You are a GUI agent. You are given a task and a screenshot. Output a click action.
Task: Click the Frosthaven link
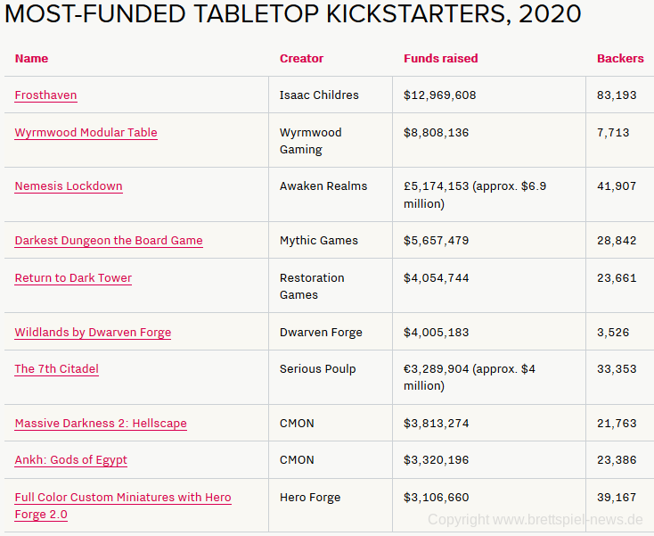pyautogui.click(x=45, y=95)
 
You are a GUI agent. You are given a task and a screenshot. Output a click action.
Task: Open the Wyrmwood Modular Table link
pyautogui.click(x=86, y=133)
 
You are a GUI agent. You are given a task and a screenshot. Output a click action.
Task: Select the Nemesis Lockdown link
pyautogui.click(x=69, y=186)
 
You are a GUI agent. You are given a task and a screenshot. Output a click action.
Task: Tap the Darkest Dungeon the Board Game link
pyautogui.click(x=109, y=241)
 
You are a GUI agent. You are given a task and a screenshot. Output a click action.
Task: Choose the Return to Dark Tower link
pyautogui.click(x=73, y=278)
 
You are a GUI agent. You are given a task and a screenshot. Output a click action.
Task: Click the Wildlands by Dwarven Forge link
pyautogui.click(x=93, y=333)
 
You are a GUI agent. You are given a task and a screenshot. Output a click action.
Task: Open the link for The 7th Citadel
pyautogui.click(x=56, y=369)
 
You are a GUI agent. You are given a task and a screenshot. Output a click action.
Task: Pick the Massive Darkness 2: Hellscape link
pyautogui.click(x=101, y=424)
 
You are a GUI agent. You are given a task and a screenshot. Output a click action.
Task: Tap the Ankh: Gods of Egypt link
pyautogui.click(x=70, y=460)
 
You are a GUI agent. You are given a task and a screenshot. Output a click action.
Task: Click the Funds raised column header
pyautogui.click(x=440, y=59)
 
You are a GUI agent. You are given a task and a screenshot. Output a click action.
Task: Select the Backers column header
pyautogui.click(x=620, y=59)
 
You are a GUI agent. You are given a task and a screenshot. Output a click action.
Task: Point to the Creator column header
pyautogui.click(x=301, y=59)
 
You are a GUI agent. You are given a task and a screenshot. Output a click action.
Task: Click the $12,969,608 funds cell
pyautogui.click(x=439, y=95)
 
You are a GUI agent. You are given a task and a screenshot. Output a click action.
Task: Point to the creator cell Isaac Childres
pyautogui.click(x=319, y=95)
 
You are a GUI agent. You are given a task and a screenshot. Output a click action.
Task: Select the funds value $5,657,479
pyautogui.click(x=436, y=241)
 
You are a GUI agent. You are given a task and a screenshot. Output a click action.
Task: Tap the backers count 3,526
pyautogui.click(x=613, y=333)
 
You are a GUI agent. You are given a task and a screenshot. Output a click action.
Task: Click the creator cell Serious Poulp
pyautogui.click(x=318, y=369)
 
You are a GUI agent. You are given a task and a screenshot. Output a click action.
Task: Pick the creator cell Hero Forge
pyautogui.click(x=310, y=498)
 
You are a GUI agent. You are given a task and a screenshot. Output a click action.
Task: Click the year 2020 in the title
pyautogui.click(x=550, y=14)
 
